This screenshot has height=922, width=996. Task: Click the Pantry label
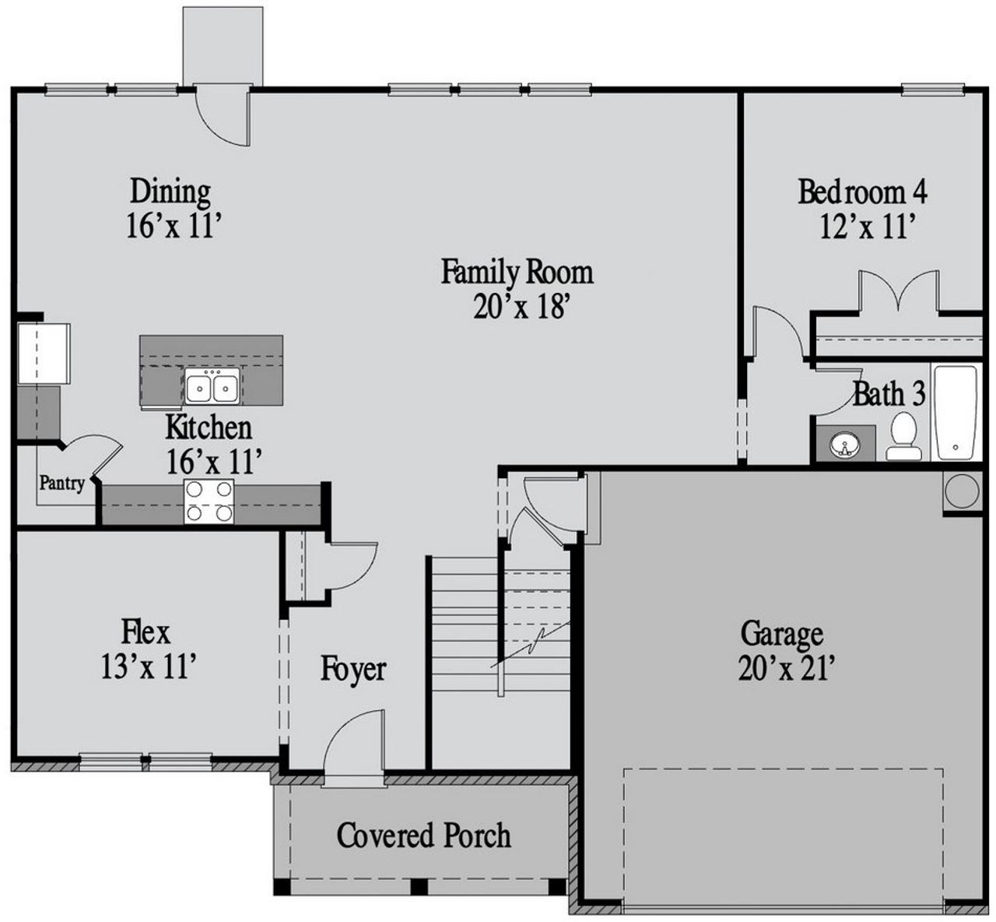pos(61,484)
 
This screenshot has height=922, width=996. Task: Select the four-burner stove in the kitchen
pos(209,501)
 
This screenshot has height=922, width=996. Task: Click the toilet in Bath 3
pos(903,436)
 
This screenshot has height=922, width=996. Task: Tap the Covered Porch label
pos(424,836)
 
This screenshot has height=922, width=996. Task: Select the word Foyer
pos(353,670)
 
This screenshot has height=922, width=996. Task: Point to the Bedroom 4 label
pos(863,192)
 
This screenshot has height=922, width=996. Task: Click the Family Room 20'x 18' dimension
pos(517,308)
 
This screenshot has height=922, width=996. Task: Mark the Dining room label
pos(170,191)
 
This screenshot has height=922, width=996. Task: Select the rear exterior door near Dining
pos(224,117)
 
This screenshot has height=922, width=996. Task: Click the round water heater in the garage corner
pos(962,491)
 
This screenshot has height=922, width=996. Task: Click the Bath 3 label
pos(889,394)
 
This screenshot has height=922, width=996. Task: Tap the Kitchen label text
pos(209,428)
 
